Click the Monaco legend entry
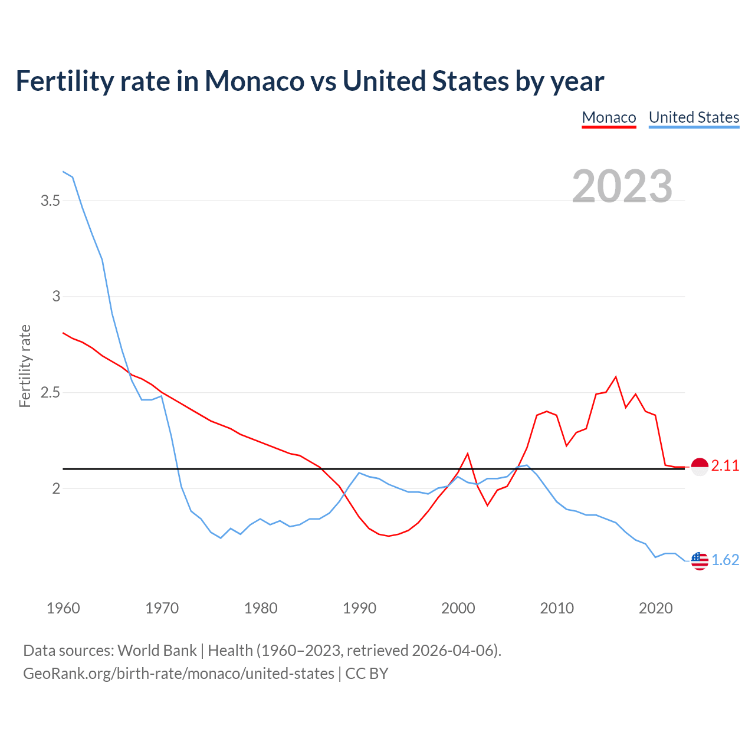[x=609, y=117]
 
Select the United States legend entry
[x=694, y=117]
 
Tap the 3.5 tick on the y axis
[x=50, y=201]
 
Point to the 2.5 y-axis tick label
[x=50, y=393]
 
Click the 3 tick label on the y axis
[x=56, y=297]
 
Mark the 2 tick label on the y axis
[x=56, y=489]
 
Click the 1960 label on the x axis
[x=63, y=608]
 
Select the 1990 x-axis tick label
[x=359, y=608]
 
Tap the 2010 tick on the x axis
[x=557, y=608]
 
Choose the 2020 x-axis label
[x=655, y=608]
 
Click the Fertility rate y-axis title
[x=25, y=366]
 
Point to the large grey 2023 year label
[x=622, y=186]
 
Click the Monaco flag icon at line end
[x=699, y=467]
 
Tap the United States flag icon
[x=699, y=560]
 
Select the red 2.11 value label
[x=725, y=466]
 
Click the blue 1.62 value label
[x=725, y=560]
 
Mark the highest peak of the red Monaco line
[x=616, y=377]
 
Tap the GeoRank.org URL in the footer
[x=178, y=674]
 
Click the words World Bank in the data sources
[x=157, y=651]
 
